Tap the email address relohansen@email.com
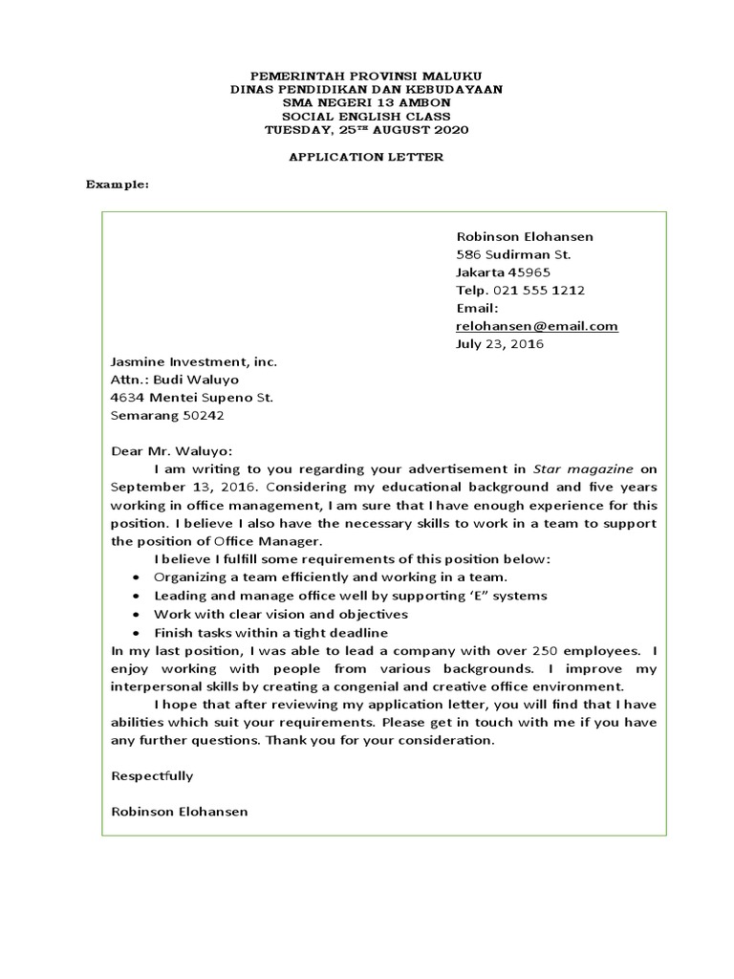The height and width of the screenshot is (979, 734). [536, 326]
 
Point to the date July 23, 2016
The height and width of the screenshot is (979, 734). [499, 344]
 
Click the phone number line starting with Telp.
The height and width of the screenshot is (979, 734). [520, 290]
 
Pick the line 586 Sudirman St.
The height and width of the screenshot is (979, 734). [512, 254]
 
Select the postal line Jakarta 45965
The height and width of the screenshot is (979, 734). [503, 272]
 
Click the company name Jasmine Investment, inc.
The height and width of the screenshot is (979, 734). [193, 362]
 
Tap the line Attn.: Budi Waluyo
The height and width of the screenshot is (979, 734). [175, 380]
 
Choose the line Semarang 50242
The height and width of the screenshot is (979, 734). [168, 416]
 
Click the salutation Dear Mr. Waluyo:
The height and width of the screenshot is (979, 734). [172, 451]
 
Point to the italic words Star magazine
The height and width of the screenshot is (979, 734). [582, 468]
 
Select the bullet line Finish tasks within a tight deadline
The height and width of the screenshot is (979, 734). [270, 633]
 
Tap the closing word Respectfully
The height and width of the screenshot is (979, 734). [152, 775]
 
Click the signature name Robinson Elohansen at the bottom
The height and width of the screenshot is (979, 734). [180, 811]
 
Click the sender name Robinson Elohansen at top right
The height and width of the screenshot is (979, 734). [524, 236]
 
